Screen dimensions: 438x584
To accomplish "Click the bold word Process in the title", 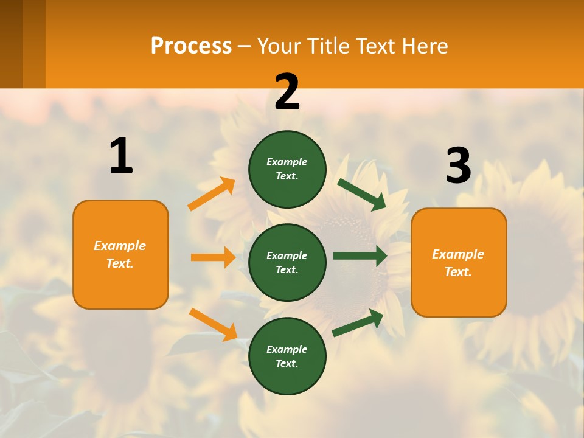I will coord(191,46).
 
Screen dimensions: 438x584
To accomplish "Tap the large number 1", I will coord(121,156).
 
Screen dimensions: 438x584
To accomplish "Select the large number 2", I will coord(287,92).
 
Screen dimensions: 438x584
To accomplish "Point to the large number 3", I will coord(458,165).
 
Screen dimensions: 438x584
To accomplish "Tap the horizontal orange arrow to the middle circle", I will coord(213,257).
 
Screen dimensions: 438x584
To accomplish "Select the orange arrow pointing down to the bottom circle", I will coord(213,324).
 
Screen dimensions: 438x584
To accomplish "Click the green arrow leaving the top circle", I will coord(362,194).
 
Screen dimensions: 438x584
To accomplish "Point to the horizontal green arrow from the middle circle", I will coord(360,255).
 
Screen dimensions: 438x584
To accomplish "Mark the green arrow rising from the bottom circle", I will coord(358,323).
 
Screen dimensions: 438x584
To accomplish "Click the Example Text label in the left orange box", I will coord(120,254).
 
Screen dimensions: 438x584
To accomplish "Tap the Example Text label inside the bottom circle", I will coord(287,356).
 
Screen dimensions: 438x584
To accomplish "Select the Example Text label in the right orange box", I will coord(458,263).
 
